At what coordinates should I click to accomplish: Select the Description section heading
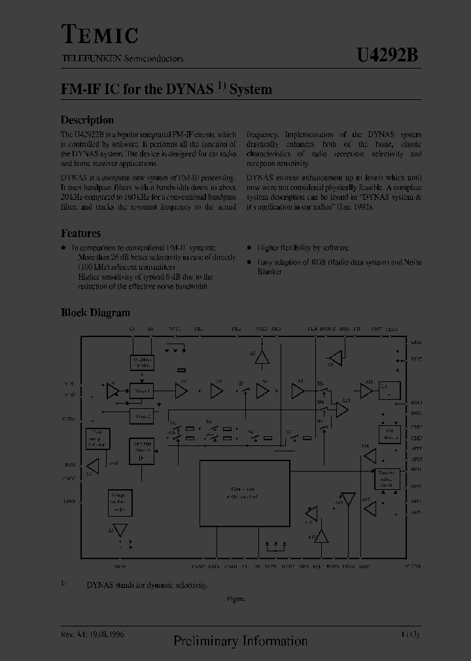point(87,120)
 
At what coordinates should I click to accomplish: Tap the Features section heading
point(80,233)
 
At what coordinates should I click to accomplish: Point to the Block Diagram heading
point(95,313)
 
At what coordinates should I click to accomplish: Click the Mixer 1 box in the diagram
point(141,391)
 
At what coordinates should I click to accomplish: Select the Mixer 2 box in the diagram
point(141,416)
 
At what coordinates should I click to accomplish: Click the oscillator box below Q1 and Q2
point(141,363)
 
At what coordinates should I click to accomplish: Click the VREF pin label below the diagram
point(119,568)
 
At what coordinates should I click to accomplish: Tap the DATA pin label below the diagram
point(213,568)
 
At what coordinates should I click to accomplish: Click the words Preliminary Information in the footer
point(240,641)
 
